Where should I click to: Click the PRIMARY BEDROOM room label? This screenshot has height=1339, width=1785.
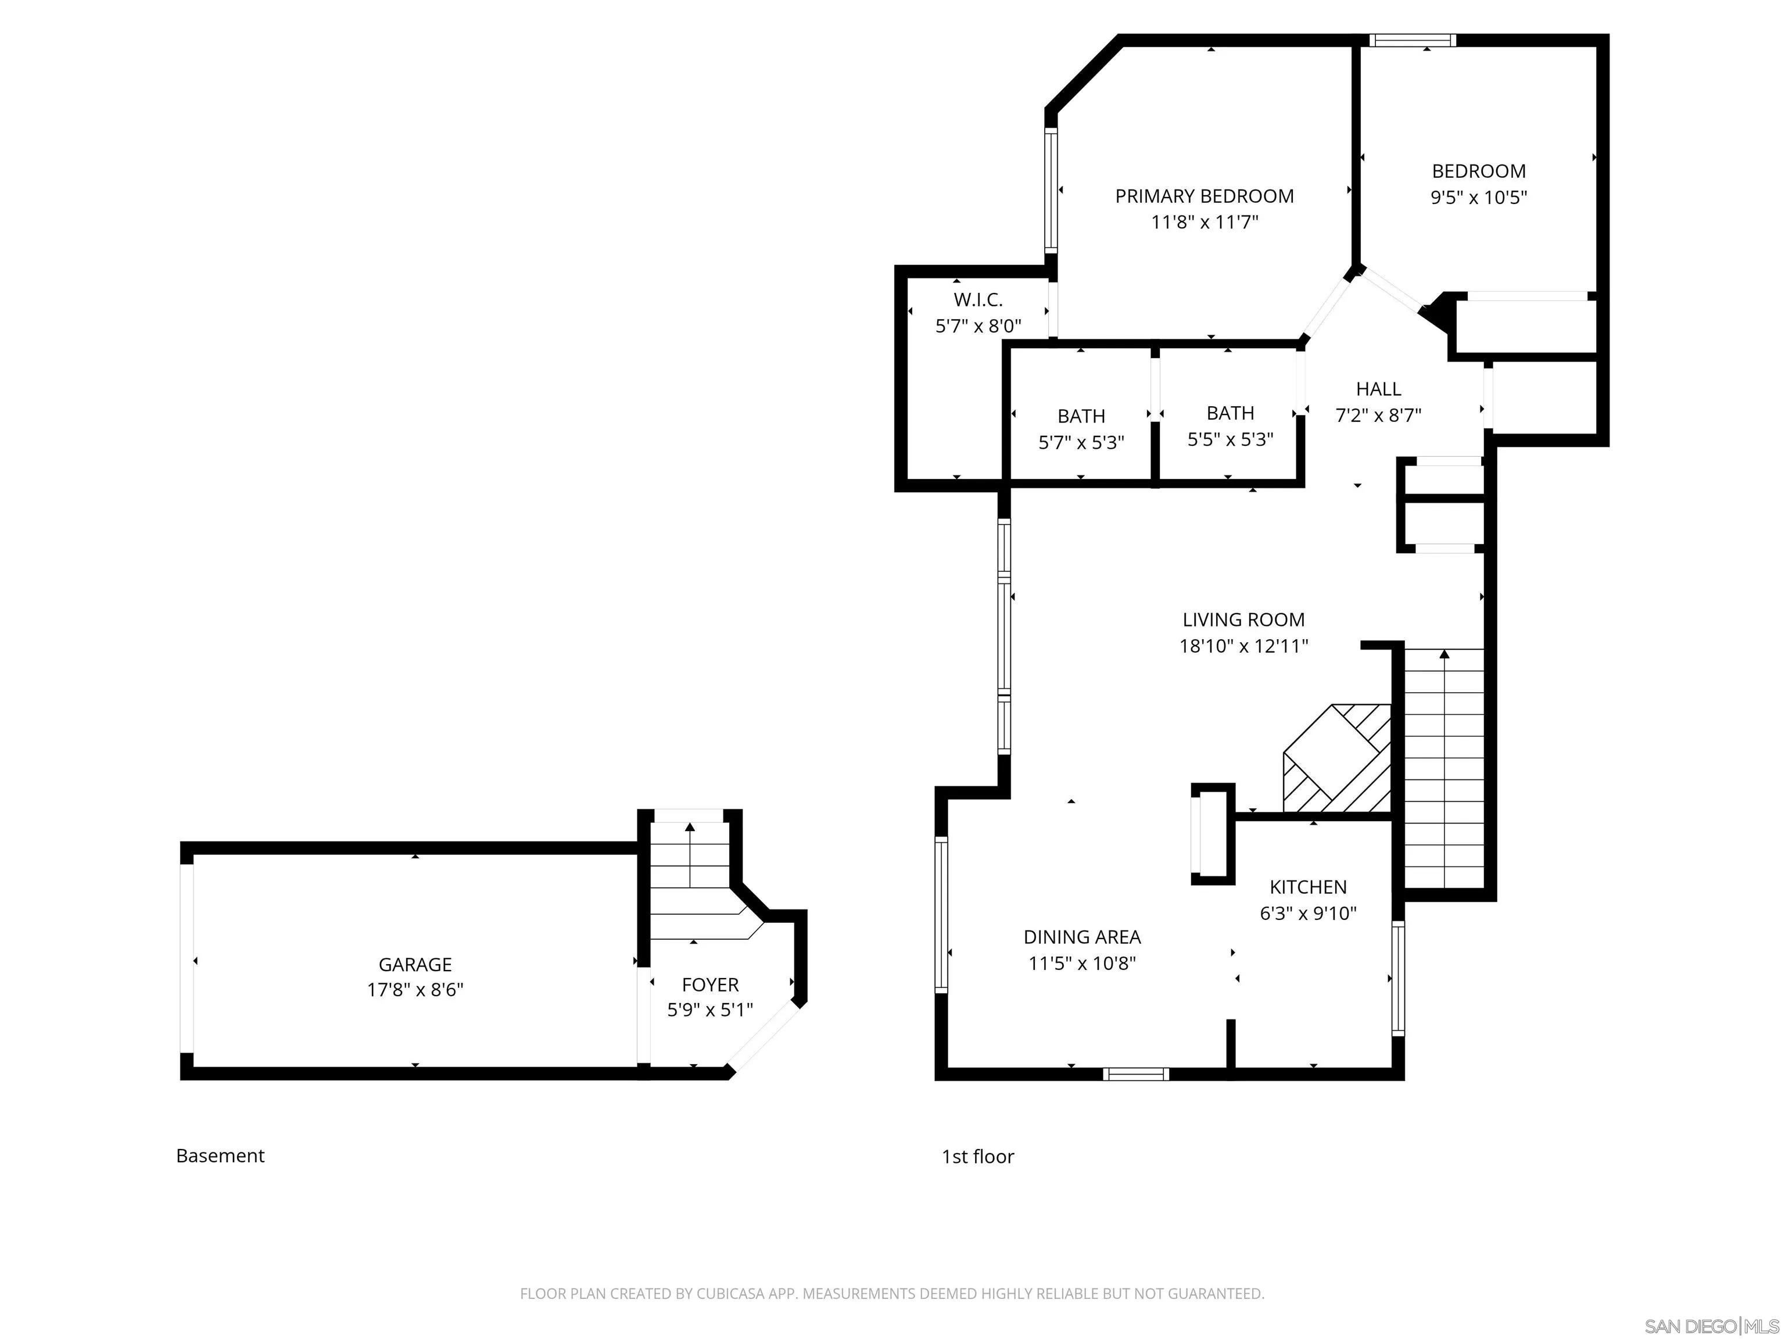click(x=1204, y=196)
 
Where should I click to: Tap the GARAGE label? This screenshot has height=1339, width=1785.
click(x=415, y=965)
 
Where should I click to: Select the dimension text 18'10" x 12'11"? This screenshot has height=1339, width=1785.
click(x=1243, y=646)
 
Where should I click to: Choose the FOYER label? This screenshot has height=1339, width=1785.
click(x=710, y=984)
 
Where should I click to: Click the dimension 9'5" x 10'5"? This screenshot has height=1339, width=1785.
click(x=1478, y=198)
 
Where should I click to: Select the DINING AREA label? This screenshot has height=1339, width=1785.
click(x=1082, y=937)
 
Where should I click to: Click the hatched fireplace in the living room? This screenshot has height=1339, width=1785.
click(x=1337, y=758)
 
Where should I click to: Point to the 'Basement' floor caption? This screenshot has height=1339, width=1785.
click(x=220, y=1156)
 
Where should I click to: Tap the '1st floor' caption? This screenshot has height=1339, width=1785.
click(x=977, y=1157)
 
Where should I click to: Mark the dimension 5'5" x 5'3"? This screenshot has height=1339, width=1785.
click(x=1230, y=440)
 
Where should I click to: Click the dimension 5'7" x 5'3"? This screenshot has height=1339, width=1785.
click(x=1081, y=443)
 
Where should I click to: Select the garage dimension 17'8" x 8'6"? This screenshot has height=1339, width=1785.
click(x=415, y=990)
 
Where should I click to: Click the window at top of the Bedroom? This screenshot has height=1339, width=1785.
click(x=1412, y=40)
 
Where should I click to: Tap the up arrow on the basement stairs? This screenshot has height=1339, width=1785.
click(x=690, y=855)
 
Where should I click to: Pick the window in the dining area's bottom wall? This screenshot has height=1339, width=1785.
click(x=1135, y=1074)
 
